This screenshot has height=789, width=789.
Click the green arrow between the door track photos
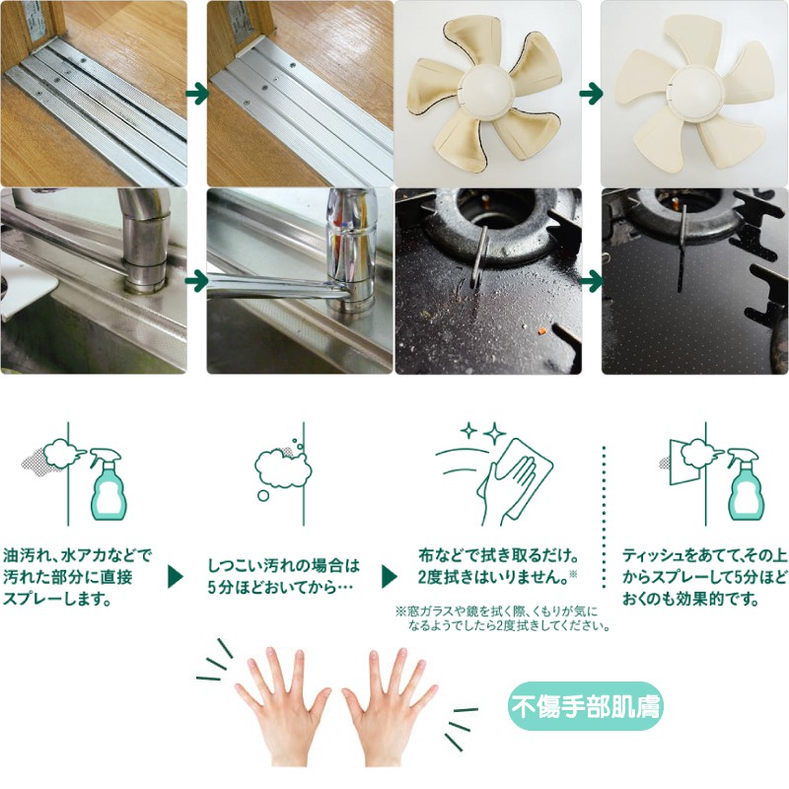(x=197, y=94)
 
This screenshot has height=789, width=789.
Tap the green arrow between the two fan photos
(x=591, y=94)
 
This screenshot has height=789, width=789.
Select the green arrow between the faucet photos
(x=197, y=281)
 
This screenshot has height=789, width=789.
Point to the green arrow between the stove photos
(x=591, y=281)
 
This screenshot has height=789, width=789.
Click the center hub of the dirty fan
(x=486, y=92)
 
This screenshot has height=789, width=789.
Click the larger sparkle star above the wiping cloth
(x=495, y=433)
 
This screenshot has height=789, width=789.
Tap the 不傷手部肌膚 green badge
(x=585, y=706)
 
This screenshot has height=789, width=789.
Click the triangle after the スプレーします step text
(x=175, y=577)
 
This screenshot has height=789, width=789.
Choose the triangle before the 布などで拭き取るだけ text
(x=390, y=577)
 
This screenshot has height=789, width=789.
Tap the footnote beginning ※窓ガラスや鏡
(x=503, y=619)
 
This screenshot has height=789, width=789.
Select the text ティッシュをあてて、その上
(x=704, y=555)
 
